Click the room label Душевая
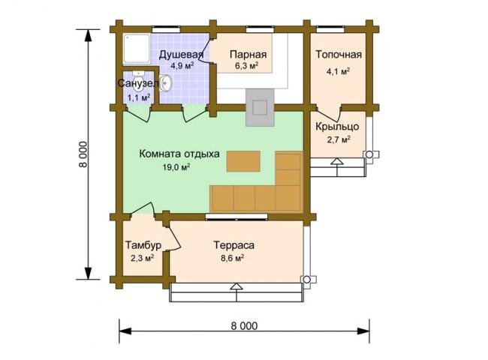pyautogui.click(x=181, y=55)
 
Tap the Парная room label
pyautogui.click(x=248, y=55)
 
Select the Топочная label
pyautogui.click(x=339, y=55)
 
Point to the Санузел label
pyautogui.click(x=138, y=83)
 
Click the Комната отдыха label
pyautogui.click(x=179, y=154)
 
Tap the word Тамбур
pyautogui.click(x=143, y=245)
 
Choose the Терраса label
pyautogui.click(x=233, y=245)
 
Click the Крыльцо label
pyautogui.click(x=337, y=127)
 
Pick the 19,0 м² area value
pyautogui.click(x=176, y=167)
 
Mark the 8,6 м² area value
pyautogui.click(x=232, y=258)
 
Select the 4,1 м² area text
pyautogui.click(x=338, y=71)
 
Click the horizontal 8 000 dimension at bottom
pyautogui.click(x=244, y=325)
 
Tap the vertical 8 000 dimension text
pyautogui.click(x=83, y=154)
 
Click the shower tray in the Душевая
pyautogui.click(x=137, y=49)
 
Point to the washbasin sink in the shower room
pyautogui.click(x=165, y=83)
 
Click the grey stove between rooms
pyautogui.click(x=261, y=107)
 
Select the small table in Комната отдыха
pyautogui.click(x=243, y=161)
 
